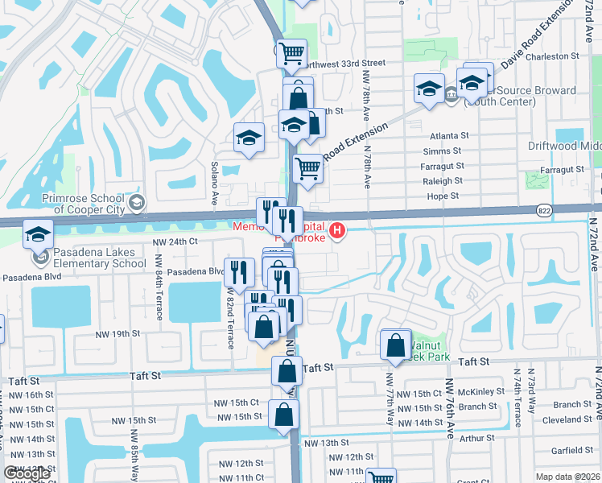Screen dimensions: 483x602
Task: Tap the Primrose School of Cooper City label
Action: tap(83, 204)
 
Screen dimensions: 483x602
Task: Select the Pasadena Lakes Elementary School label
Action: tap(95, 258)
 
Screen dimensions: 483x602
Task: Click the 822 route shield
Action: tap(544, 208)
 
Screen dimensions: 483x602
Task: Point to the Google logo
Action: tap(27, 473)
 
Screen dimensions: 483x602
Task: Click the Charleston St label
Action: tap(553, 56)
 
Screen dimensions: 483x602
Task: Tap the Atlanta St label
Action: tap(448, 136)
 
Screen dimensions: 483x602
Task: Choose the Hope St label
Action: tap(442, 196)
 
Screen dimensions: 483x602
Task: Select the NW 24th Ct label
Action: tap(175, 242)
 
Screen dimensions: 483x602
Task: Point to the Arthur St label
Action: tap(477, 439)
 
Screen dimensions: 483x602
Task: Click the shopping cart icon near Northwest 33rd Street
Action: tap(291, 54)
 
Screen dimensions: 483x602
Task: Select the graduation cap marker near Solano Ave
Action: tap(249, 138)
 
